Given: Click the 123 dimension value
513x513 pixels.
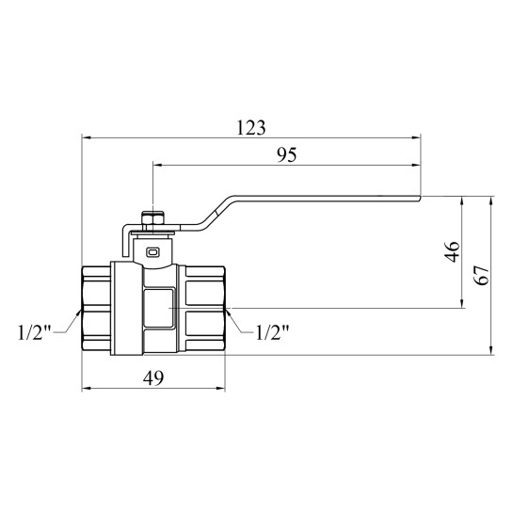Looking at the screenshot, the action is point(251,128).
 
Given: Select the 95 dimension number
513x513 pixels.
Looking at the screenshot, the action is point(287,155).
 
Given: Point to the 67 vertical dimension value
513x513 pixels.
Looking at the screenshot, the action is point(482,275).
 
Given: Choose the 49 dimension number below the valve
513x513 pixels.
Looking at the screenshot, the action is point(153,378).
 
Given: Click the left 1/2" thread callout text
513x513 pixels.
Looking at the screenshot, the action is point(35,332).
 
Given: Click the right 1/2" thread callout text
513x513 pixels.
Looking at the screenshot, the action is point(272,332).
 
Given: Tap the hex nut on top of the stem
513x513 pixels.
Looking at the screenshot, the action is point(152,217).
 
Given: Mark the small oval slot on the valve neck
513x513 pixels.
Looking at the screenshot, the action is point(152,252).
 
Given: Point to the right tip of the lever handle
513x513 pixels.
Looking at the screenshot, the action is point(420,198).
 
